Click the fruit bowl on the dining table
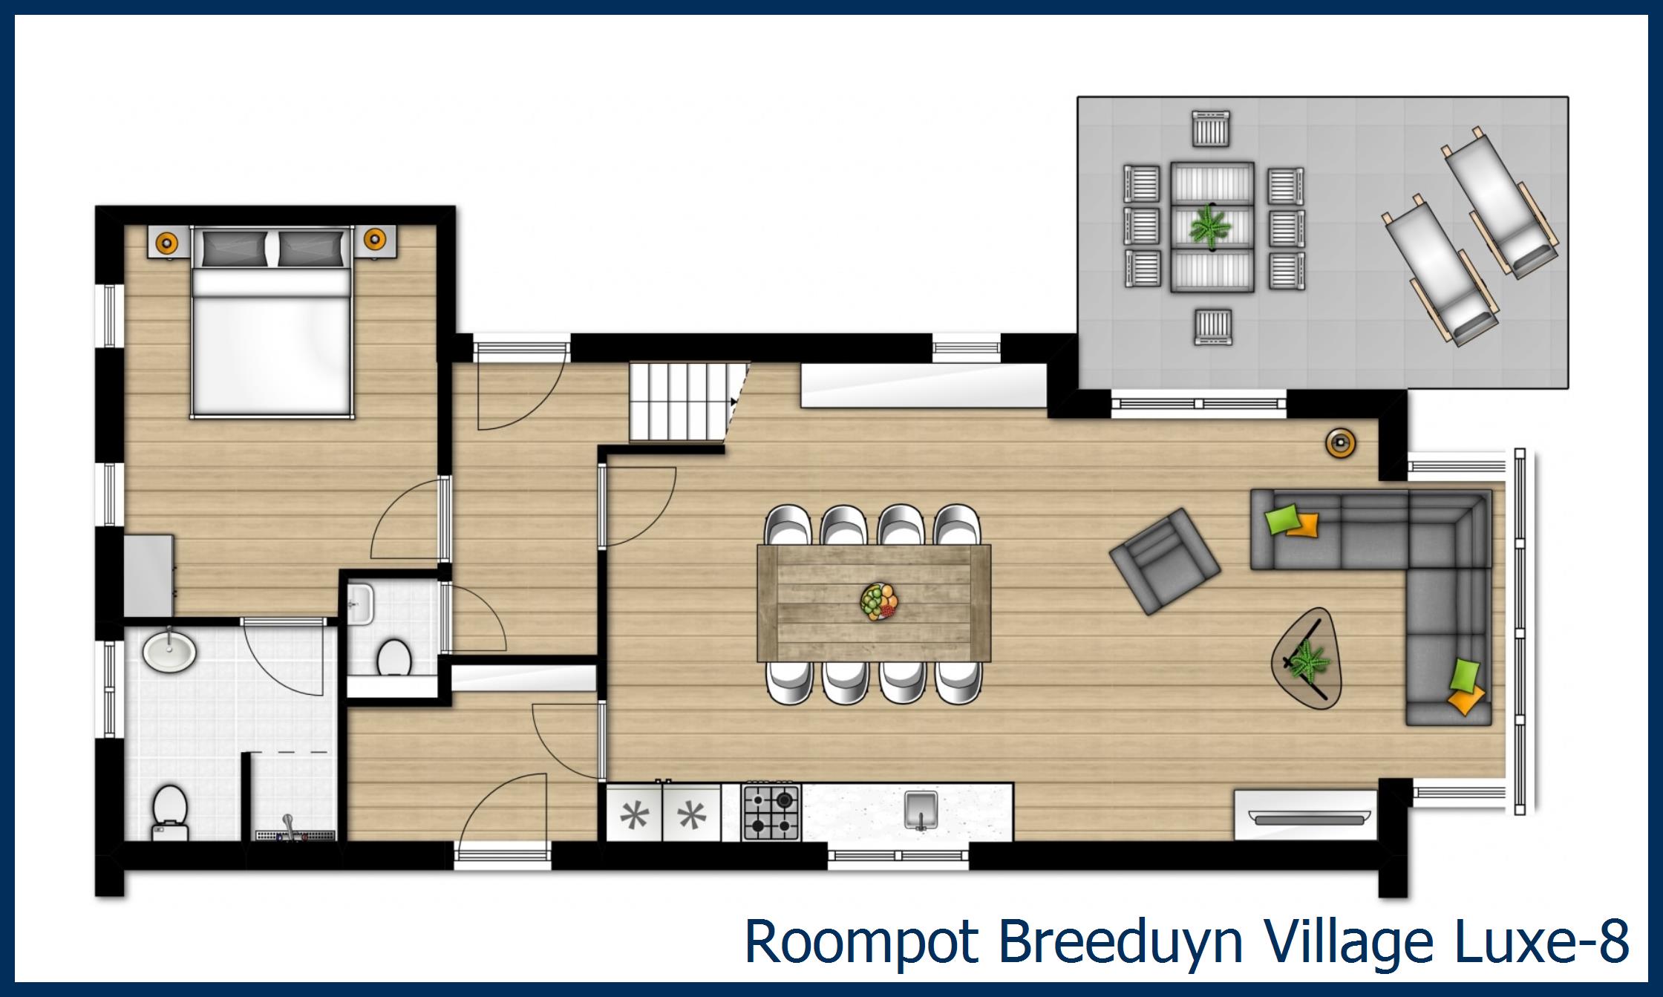pos(880,601)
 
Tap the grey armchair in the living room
pos(1163,560)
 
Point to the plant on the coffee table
pos(1308,659)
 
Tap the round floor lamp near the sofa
pos(1340,443)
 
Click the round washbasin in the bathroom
pos(169,651)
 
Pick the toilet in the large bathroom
pos(169,811)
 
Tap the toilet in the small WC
pos(394,657)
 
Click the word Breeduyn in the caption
pos(1120,941)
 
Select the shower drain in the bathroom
pos(295,835)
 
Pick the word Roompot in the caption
pos(861,941)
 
